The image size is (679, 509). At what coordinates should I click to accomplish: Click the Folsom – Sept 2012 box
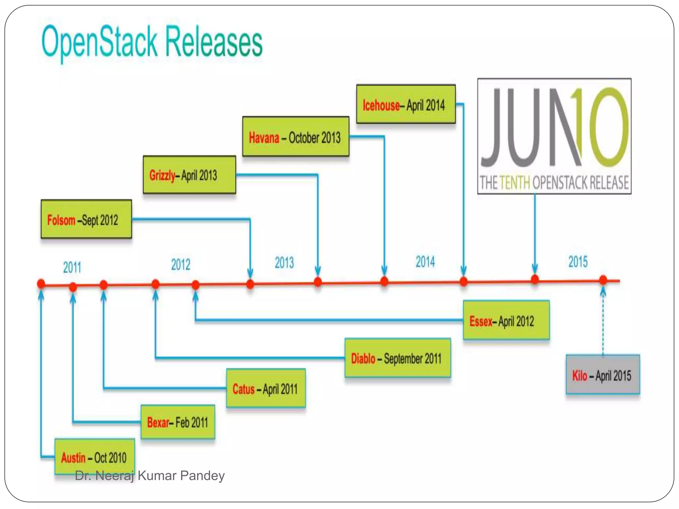tap(86, 219)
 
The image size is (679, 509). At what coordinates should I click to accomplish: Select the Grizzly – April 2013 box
tap(189, 175)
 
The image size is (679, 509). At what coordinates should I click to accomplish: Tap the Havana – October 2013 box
tap(295, 137)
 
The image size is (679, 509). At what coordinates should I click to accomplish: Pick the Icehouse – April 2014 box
tap(406, 104)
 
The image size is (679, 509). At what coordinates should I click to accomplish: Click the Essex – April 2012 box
tap(506, 320)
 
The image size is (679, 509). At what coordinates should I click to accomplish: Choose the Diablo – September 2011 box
tap(398, 358)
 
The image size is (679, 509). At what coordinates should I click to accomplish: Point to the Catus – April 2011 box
tap(266, 388)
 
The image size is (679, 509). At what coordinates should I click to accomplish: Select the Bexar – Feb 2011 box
tap(178, 422)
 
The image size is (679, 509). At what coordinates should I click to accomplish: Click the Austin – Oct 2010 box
tap(94, 457)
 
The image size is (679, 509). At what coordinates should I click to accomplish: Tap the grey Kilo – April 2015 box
tap(602, 375)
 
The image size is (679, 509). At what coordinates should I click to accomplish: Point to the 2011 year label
tap(72, 267)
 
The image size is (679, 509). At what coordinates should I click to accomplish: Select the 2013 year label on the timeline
tap(284, 262)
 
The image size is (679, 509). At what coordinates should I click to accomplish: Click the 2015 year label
tap(578, 261)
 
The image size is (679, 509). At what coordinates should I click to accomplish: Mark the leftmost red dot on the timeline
tap(41, 284)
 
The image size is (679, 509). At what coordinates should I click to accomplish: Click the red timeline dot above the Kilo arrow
tap(603, 280)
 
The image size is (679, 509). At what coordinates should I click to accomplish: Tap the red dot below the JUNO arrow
tap(535, 279)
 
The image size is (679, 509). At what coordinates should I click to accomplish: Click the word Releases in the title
tap(214, 42)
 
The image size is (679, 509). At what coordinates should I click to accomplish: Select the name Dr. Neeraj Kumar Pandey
tap(150, 476)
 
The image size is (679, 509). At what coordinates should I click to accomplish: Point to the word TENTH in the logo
tap(515, 183)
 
